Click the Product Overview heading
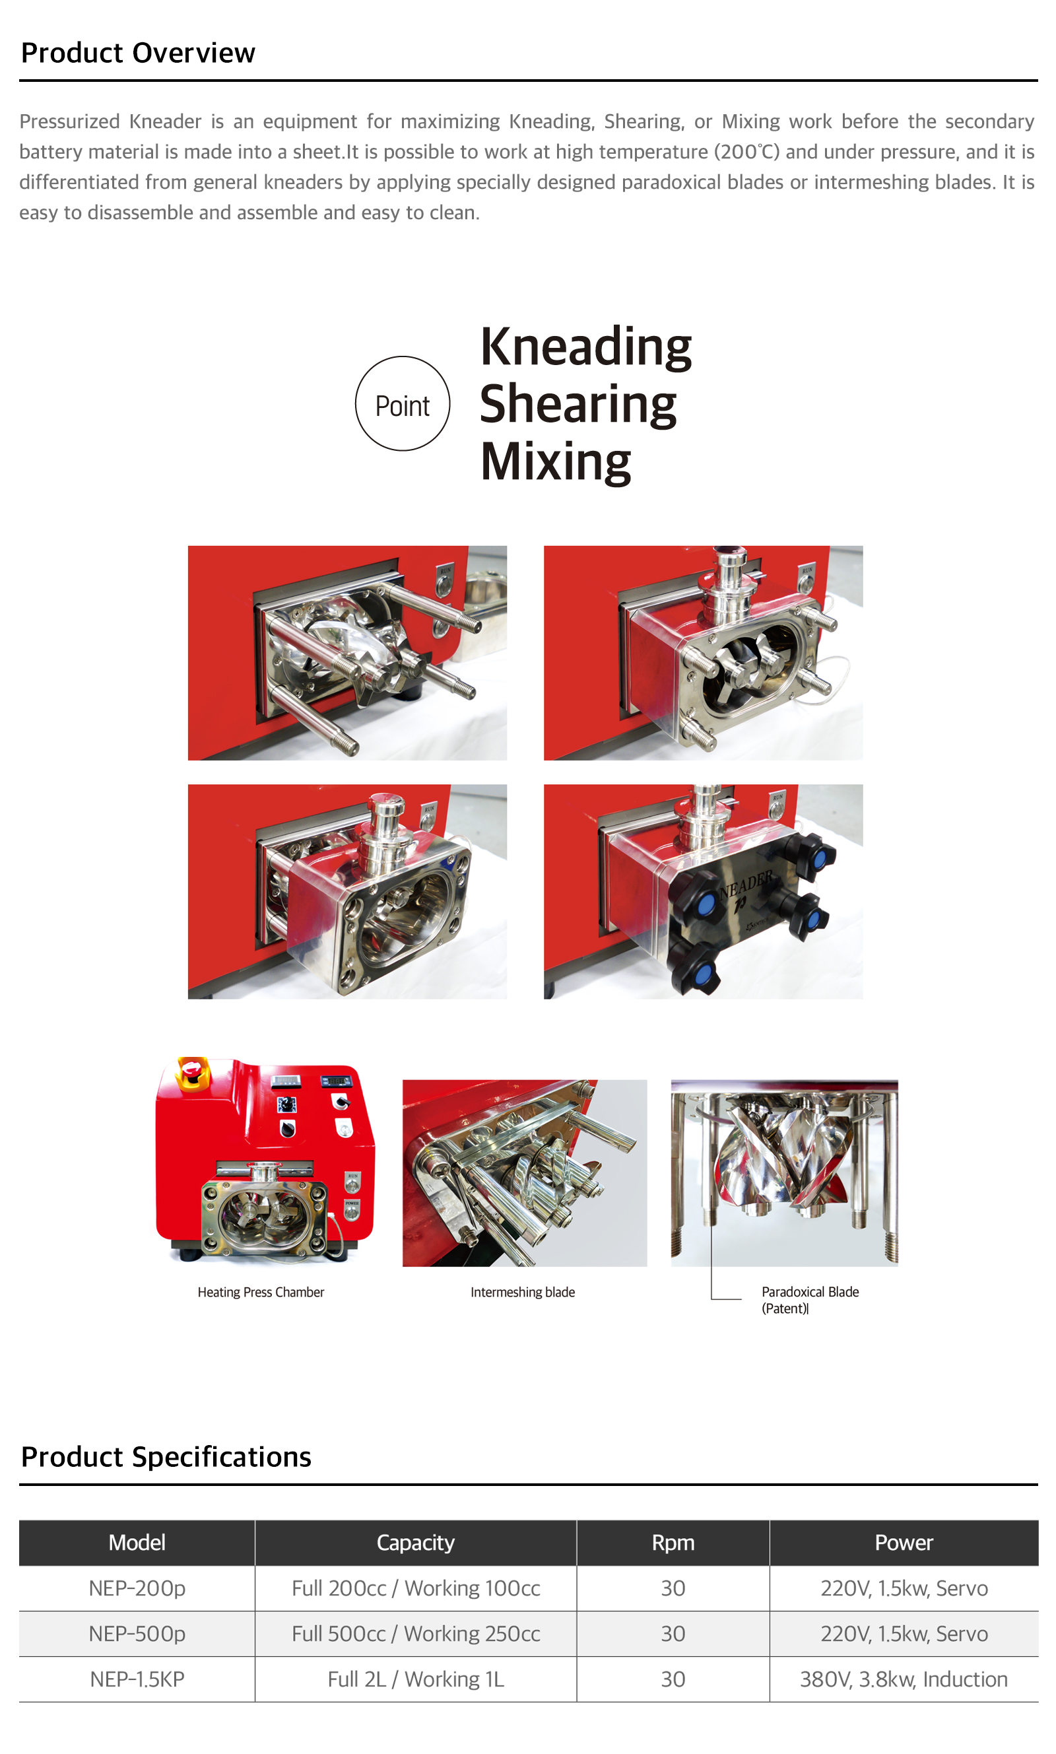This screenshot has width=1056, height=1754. click(138, 53)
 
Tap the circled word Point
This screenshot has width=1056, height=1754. click(402, 406)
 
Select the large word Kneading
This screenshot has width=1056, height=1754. click(585, 348)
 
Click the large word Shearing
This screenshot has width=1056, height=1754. click(577, 405)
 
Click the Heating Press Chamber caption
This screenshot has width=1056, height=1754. click(261, 1291)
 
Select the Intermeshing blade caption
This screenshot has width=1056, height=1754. click(522, 1291)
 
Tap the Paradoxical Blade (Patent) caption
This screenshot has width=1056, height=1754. click(810, 1299)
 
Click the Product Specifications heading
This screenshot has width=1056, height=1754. click(166, 1456)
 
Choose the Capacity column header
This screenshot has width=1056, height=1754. click(416, 1542)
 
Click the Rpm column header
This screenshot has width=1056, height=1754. click(673, 1542)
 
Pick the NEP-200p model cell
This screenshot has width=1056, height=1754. click(137, 1588)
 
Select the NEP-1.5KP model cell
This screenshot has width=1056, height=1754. click(137, 1679)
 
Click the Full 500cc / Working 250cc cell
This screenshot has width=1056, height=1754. click(416, 1633)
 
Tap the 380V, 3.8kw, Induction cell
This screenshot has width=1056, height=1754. click(904, 1679)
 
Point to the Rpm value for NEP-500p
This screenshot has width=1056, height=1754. click(673, 1633)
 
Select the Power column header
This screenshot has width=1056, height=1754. click(904, 1542)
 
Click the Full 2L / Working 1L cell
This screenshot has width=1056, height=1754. click(416, 1679)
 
